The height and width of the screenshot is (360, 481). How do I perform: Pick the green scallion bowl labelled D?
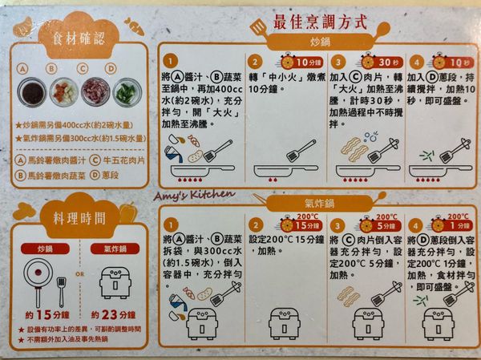(x=125, y=91)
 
